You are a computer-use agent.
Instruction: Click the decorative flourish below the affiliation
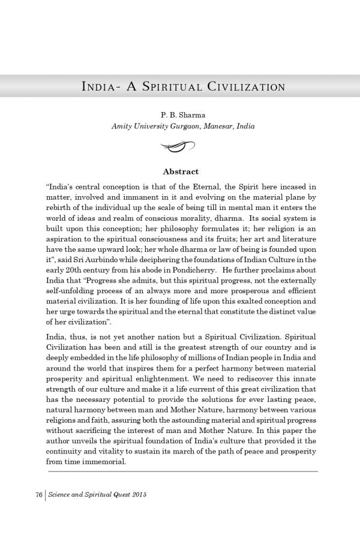[x=179, y=145]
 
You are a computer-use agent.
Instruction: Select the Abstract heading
[x=181, y=172]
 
